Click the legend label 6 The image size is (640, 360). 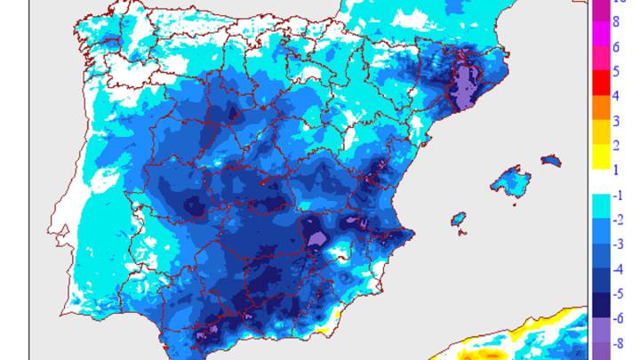(x=617, y=48)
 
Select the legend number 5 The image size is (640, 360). (x=617, y=72)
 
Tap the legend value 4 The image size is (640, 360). (x=617, y=96)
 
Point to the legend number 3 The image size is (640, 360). (x=617, y=120)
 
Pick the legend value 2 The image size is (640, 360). (x=617, y=144)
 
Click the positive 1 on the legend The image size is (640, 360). (x=617, y=168)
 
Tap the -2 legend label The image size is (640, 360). (x=620, y=219)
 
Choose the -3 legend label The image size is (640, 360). (x=620, y=243)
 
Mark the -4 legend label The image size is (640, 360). (x=620, y=267)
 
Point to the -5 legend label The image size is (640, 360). (x=620, y=291)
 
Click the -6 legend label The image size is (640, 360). (x=620, y=316)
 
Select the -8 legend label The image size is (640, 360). (x=620, y=340)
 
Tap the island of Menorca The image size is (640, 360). (x=551, y=161)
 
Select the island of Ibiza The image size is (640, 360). (x=459, y=219)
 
